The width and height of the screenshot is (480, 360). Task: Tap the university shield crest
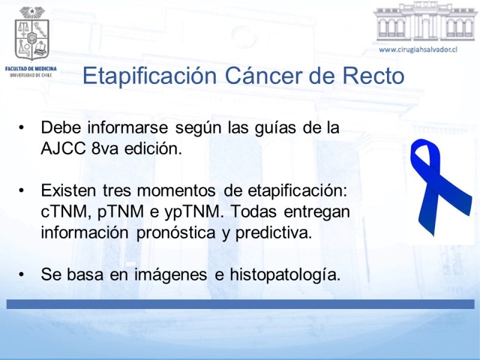pos(32,34)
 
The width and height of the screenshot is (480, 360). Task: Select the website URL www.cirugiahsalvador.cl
pos(418,50)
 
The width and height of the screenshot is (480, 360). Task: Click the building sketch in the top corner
pos(426,22)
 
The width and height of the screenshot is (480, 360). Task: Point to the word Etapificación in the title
pos(149,76)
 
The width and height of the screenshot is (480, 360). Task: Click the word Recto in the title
pos(373,76)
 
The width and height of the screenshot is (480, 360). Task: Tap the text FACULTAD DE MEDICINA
pos(31,68)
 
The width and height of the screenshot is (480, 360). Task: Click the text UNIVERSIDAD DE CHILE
pos(31,75)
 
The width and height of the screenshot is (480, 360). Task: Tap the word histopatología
pos(285,275)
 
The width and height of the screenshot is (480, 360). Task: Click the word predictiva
pos(274,233)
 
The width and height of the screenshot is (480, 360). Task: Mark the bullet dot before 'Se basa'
pos(21,275)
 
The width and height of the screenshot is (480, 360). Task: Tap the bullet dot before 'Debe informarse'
pos(21,128)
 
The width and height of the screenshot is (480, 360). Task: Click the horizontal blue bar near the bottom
pos(241,304)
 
